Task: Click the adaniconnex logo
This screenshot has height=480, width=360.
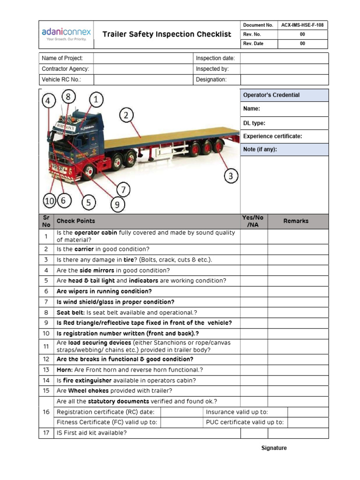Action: (66, 34)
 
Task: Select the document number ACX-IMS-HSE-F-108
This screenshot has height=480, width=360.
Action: (302, 25)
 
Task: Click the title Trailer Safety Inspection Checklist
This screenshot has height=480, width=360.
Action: (167, 34)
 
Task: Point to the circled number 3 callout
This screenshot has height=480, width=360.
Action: (231, 176)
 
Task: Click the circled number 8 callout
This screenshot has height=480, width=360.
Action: (68, 97)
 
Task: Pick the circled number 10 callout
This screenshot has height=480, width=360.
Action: (49, 201)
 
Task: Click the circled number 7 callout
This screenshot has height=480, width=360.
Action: (123, 190)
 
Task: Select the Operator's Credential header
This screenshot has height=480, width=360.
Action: (271, 95)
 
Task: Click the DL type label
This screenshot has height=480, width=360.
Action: (254, 123)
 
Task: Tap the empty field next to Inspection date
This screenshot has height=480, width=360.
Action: (284, 58)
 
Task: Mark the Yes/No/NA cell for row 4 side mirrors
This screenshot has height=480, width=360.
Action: (254, 270)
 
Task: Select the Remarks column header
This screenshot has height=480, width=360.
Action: (296, 221)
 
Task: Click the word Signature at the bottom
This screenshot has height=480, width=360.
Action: (274, 448)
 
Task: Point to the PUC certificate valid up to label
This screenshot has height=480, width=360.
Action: (245, 422)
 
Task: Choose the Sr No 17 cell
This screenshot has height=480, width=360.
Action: (46, 433)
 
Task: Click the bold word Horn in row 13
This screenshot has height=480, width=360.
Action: (64, 370)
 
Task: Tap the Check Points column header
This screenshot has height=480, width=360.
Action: (75, 221)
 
